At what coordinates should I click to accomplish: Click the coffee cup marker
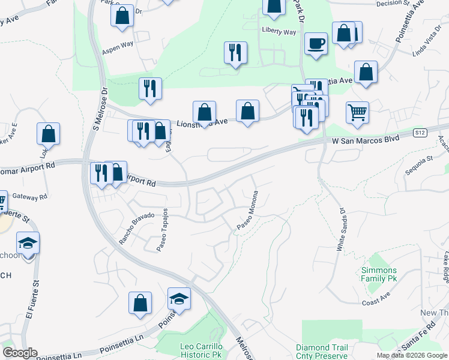tap(316, 44)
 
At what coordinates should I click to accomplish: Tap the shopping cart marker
tap(357, 112)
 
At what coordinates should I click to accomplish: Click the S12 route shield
tap(420, 133)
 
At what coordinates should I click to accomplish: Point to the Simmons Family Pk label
tap(379, 274)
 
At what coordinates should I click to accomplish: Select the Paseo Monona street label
tap(247, 211)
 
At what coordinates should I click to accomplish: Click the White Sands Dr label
tap(341, 229)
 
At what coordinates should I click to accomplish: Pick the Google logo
tap(20, 353)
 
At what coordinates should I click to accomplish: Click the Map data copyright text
tap(412, 355)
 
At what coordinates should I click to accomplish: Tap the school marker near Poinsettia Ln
tap(179, 299)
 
